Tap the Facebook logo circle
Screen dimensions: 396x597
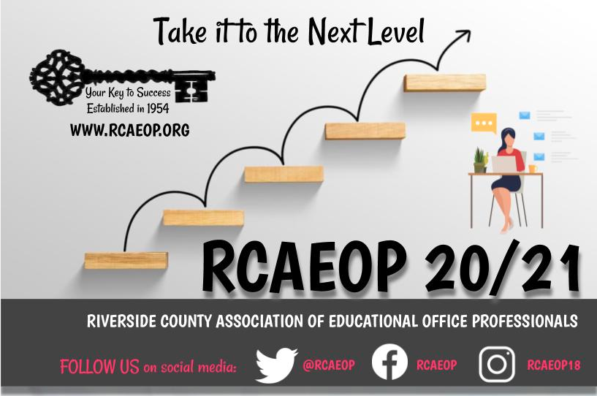tap(389, 364)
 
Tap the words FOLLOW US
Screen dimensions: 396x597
tap(99, 366)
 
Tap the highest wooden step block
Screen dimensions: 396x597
tap(444, 83)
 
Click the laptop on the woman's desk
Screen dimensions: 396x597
tap(504, 164)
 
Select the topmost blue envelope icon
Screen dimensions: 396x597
tap(524, 115)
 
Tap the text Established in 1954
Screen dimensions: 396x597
tap(128, 108)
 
